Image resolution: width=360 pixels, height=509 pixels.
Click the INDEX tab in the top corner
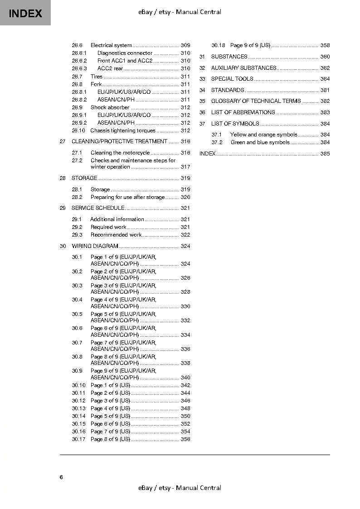pos(25,13)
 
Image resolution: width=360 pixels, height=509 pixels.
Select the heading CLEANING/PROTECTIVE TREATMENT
pos(119,141)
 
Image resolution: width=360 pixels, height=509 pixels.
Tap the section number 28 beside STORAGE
pos(63,178)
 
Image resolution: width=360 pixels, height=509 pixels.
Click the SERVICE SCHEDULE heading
pos(98,208)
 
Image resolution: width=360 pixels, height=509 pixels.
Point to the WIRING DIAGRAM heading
pos(95,246)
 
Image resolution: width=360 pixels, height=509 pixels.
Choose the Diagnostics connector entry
pos(125,53)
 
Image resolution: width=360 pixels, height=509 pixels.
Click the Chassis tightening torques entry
pos(123,131)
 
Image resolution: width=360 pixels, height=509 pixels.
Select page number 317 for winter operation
pos(185,167)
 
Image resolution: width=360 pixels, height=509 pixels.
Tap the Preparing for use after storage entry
pos(127,197)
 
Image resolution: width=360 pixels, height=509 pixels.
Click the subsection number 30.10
pos(78,385)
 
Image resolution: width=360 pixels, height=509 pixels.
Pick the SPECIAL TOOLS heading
pos(232,79)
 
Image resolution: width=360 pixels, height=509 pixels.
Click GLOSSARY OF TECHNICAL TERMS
pos(256,101)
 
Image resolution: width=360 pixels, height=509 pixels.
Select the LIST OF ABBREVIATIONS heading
pos(243,112)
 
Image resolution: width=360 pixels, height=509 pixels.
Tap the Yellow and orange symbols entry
pos(263,135)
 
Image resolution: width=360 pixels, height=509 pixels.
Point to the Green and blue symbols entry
pos(260,142)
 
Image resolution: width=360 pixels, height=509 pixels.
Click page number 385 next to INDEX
pos(325,154)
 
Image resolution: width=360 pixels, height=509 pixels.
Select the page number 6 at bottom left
pos(61,477)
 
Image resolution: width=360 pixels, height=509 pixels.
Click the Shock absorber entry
pos(110,107)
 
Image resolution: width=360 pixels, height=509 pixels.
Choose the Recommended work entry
pos(116,235)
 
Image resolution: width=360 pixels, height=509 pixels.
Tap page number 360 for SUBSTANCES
pos(325,57)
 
